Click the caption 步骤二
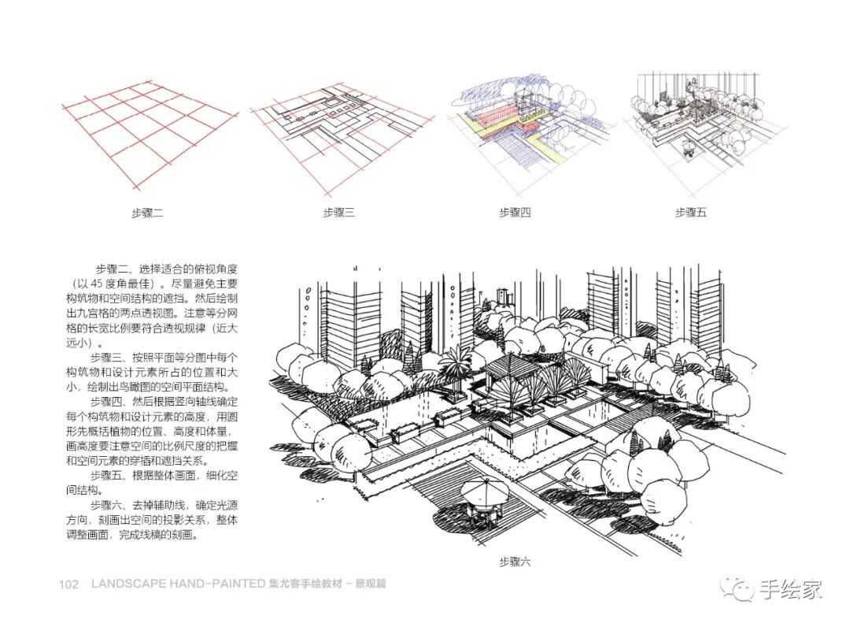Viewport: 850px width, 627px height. (x=147, y=212)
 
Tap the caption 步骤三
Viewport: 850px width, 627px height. (x=338, y=212)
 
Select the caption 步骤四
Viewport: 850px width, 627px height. (x=515, y=212)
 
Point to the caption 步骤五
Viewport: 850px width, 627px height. (x=691, y=212)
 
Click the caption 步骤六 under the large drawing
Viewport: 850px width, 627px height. (x=515, y=562)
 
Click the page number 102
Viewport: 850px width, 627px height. (x=69, y=584)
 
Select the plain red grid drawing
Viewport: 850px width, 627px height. (x=150, y=134)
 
